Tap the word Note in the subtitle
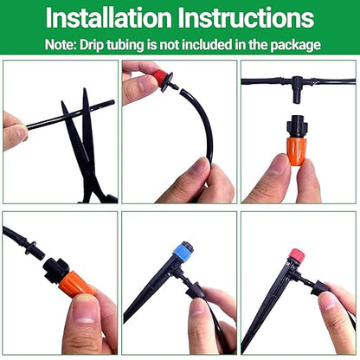click(x=65, y=44)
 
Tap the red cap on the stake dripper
click(x=297, y=256)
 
